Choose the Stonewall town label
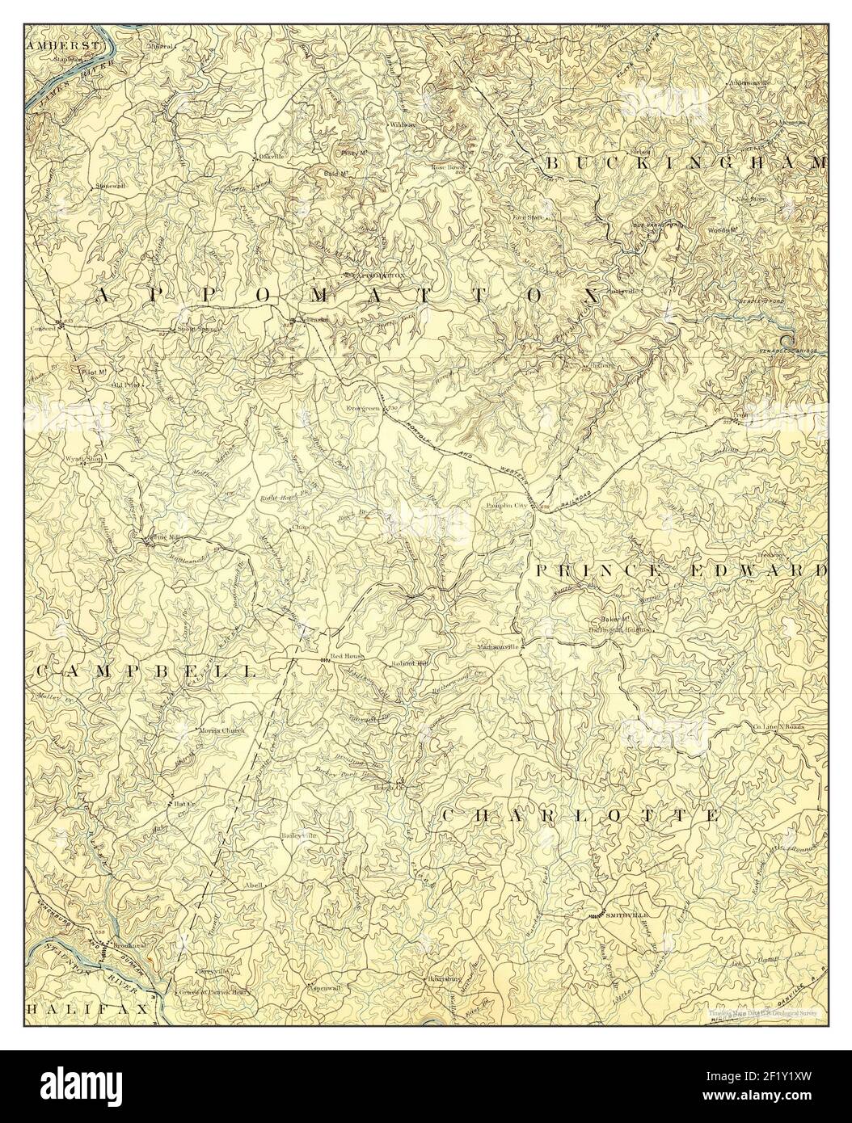pyautogui.click(x=112, y=186)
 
